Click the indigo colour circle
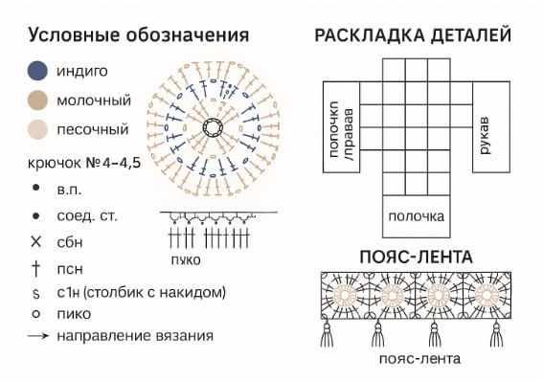pyautogui.click(x=37, y=70)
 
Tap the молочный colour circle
pyautogui.click(x=37, y=100)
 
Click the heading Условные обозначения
pyautogui.click(x=139, y=35)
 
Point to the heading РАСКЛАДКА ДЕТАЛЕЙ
pyautogui.click(x=412, y=35)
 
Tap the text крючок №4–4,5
pyautogui.click(x=85, y=163)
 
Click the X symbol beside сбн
pyautogui.click(x=36, y=241)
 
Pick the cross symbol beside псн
pyautogui.click(x=36, y=267)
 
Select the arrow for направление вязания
pyautogui.click(x=38, y=336)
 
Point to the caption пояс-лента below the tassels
pyautogui.click(x=419, y=359)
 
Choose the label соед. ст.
pyautogui.click(x=87, y=215)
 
